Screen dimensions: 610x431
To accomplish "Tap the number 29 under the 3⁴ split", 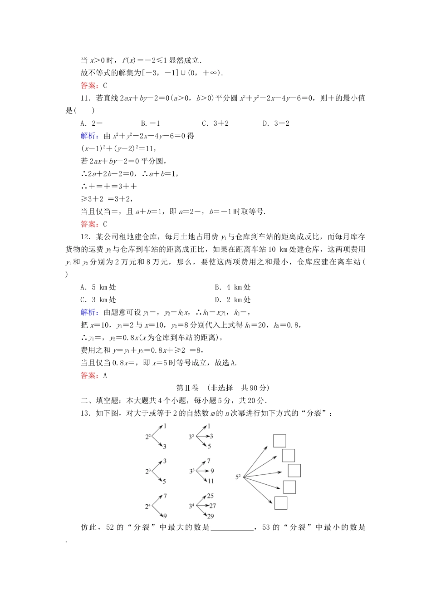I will point(211,516).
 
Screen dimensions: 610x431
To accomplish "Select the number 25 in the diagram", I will point(211,496).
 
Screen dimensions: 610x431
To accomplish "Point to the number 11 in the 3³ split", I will point(211,481).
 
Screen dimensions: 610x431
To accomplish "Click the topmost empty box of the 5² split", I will point(279,441).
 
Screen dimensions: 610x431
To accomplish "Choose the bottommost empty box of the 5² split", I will point(281,503).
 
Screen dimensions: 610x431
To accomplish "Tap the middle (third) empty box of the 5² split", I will point(294,471).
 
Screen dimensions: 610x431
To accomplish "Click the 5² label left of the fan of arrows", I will point(238,477).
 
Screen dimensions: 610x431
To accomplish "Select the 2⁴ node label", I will point(148,506).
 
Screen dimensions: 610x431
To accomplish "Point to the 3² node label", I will point(191,437).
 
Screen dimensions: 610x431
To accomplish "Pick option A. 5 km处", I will point(98,287).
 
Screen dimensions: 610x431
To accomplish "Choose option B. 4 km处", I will point(232,287).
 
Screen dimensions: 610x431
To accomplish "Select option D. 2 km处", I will point(232,300).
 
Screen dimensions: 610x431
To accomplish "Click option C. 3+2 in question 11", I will point(215,123).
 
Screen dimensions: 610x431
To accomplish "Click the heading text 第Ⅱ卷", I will point(187,388).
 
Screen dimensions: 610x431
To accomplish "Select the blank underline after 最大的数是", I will point(232,528).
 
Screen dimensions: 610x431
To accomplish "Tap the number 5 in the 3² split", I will point(209,446).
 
